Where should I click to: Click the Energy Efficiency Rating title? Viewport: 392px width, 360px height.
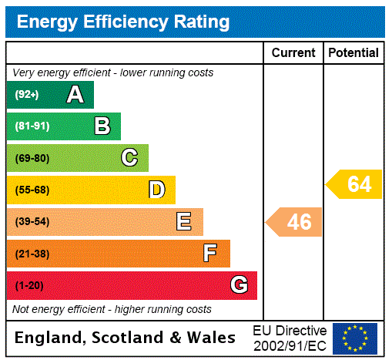pyautogui.click(x=123, y=22)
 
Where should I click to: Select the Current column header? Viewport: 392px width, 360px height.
pyautogui.click(x=293, y=53)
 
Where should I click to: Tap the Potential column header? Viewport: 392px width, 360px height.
pyautogui.click(x=353, y=53)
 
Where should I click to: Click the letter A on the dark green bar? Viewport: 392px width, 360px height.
pyautogui.click(x=75, y=95)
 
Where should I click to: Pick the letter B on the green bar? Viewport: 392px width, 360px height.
pyautogui.click(x=102, y=126)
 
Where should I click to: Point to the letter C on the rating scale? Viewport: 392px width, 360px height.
pyautogui.click(x=129, y=158)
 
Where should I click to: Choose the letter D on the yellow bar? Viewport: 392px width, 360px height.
pyautogui.click(x=156, y=190)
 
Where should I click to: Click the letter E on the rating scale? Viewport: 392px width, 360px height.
pyautogui.click(x=184, y=222)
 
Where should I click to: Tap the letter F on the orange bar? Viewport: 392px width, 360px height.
pyautogui.click(x=210, y=254)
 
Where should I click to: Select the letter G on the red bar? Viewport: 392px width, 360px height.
pyautogui.click(x=239, y=285)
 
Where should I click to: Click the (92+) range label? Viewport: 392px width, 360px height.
pyautogui.click(x=26, y=95)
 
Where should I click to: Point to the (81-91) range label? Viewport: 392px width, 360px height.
pyautogui.click(x=32, y=126)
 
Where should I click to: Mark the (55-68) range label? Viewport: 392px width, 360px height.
pyautogui.click(x=32, y=190)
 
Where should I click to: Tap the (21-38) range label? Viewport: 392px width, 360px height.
pyautogui.click(x=32, y=254)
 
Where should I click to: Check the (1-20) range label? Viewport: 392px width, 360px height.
pyautogui.click(x=29, y=285)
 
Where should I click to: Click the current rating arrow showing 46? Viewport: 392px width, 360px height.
pyautogui.click(x=295, y=222)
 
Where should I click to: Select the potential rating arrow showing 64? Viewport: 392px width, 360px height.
pyautogui.click(x=355, y=185)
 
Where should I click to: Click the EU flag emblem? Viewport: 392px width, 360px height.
pyautogui.click(x=355, y=338)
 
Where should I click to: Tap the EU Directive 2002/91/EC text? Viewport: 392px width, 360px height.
pyautogui.click(x=290, y=338)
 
